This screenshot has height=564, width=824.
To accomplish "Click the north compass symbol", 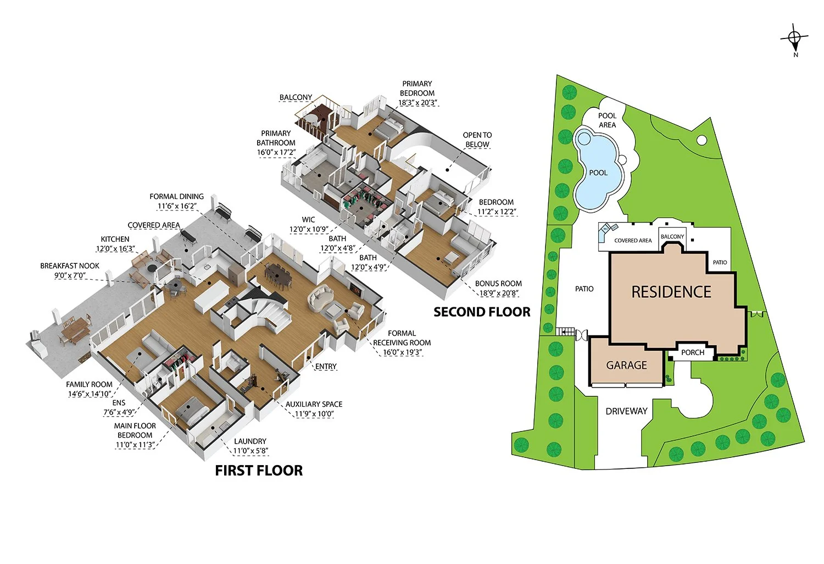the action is pos(794,38).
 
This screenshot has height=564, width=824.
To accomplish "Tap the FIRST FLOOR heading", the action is pos(259,471).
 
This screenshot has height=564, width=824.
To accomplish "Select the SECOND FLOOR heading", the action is pos(482,312).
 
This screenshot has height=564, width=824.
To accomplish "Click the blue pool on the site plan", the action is pos(598,170).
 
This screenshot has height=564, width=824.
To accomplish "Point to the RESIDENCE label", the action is pos(671,292).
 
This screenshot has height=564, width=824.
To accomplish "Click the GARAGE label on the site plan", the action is pos(626,366).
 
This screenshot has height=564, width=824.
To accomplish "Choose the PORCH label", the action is pos(692,352).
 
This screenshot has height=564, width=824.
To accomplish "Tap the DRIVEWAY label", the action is pos(626,411).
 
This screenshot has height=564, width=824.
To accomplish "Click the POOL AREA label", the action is pos(607,120).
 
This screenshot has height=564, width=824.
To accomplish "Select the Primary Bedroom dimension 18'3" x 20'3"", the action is pos(418,103).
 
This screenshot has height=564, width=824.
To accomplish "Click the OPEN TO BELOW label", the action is pos(477,140).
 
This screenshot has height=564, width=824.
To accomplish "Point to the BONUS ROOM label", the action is pos(498,284).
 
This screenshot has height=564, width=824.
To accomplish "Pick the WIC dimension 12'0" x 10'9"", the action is pos(309,229).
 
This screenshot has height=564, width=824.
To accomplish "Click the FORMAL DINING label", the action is pos(176,196).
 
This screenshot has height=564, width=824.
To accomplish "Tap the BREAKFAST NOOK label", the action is pos(70,266).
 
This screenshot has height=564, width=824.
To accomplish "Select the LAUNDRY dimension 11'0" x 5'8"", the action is pos(250,451).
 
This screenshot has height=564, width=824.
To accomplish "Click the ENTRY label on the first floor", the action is pos(326,367).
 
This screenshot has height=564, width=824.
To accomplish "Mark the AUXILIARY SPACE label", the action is pos(314,404).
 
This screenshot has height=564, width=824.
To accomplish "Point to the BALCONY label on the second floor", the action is pos(296,97).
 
